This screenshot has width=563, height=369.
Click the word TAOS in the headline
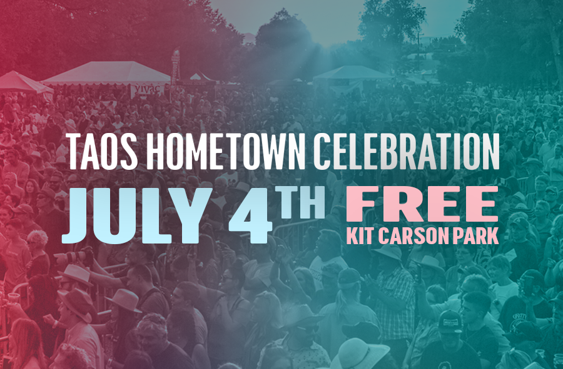pos(103,151)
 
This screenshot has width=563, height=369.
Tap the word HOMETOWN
pos(226,151)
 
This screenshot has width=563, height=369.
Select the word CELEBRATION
pos(407,151)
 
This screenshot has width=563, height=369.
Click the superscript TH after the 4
pos(302,202)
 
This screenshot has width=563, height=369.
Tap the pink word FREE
pos(422,204)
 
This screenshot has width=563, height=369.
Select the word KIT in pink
pos(360,236)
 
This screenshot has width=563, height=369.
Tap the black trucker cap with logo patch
pos(450,322)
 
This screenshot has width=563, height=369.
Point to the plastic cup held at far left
pos(14,298)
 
